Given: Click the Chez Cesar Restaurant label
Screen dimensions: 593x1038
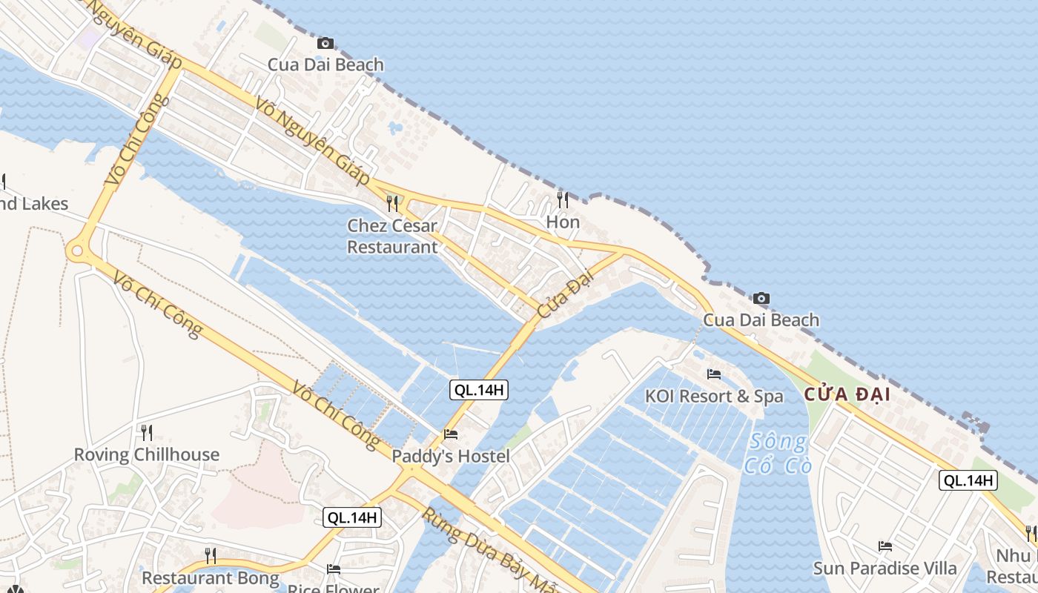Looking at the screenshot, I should pyautogui.click(x=392, y=236).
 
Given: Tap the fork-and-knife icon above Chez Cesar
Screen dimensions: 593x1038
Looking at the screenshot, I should pyautogui.click(x=392, y=203).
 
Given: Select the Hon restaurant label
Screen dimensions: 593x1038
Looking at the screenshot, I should pyautogui.click(x=563, y=222).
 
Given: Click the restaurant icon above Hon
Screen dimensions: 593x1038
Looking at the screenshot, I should pyautogui.click(x=563, y=199).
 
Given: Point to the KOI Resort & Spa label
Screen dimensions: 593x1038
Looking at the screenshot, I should pyautogui.click(x=713, y=396).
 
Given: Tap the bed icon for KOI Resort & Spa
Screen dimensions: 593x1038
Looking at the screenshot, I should pyautogui.click(x=713, y=374).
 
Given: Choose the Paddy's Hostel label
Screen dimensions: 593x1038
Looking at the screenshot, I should pyautogui.click(x=451, y=456).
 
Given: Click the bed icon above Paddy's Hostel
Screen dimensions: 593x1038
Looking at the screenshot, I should pyautogui.click(x=451, y=434).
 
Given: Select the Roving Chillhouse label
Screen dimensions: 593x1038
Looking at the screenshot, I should pyautogui.click(x=146, y=454).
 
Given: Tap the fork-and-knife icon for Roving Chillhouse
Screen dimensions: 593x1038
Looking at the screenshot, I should pyautogui.click(x=146, y=432).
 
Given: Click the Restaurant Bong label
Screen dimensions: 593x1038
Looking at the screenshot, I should pyautogui.click(x=211, y=577).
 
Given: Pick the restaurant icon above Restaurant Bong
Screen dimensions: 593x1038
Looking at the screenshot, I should pyautogui.click(x=211, y=555).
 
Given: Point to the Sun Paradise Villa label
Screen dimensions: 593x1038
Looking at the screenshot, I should pyautogui.click(x=885, y=569).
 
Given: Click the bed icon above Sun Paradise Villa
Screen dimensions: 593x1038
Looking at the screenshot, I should pyautogui.click(x=885, y=546).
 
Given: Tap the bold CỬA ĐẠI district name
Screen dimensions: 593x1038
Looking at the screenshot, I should pyautogui.click(x=847, y=395).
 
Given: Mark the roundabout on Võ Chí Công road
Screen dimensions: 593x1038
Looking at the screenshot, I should pyautogui.click(x=76, y=252).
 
